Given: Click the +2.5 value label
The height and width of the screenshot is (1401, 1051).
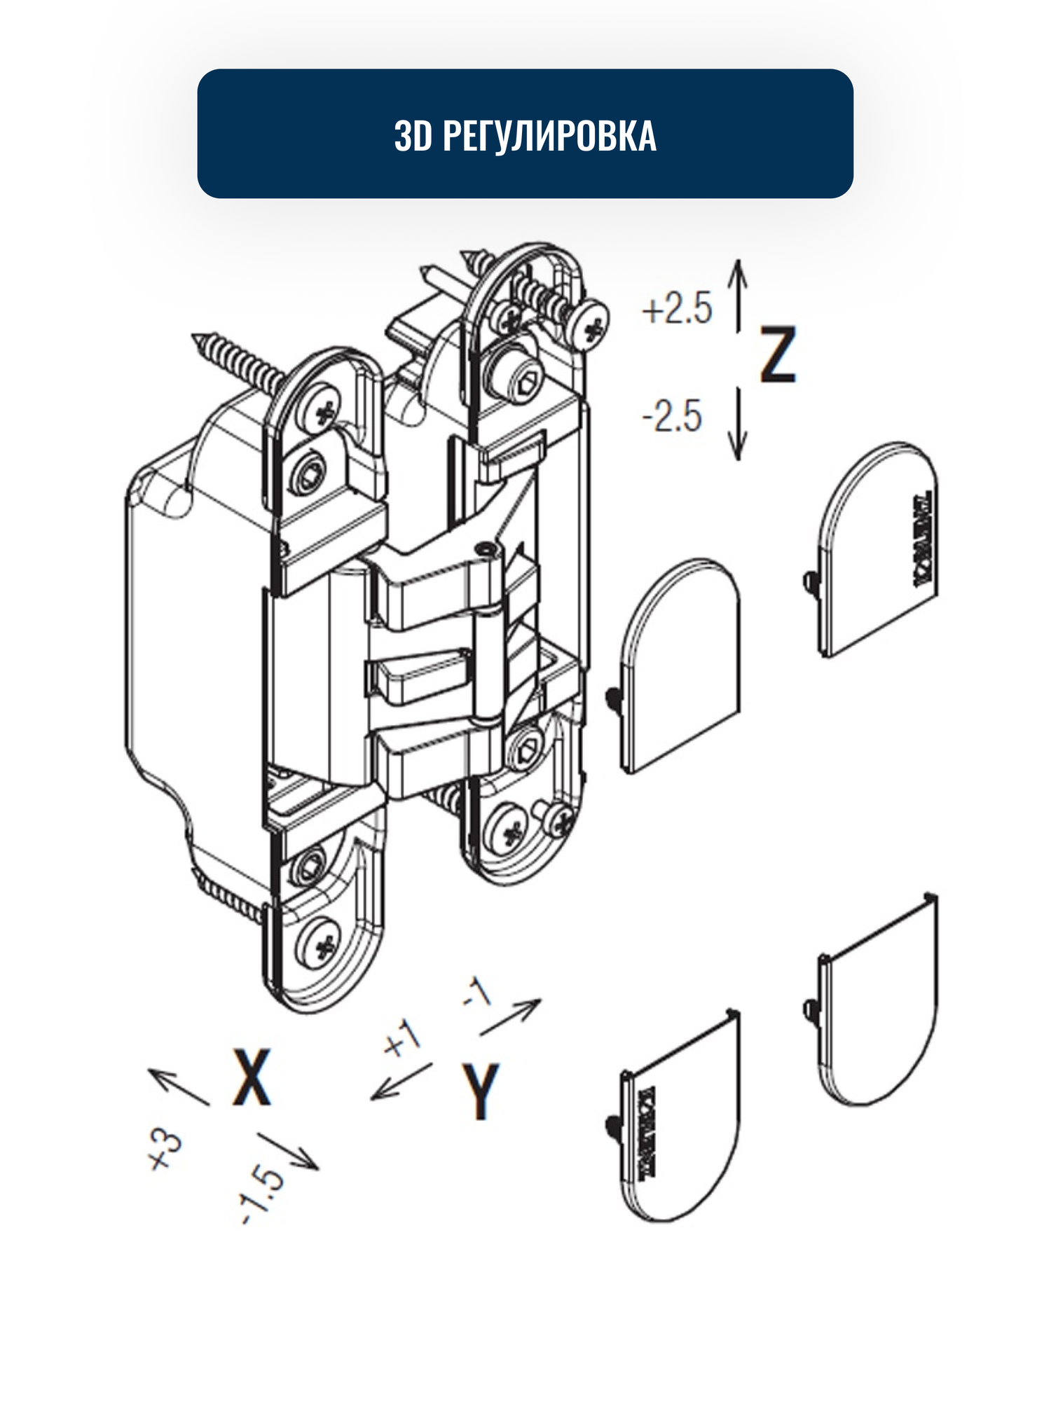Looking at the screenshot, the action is point(677,309).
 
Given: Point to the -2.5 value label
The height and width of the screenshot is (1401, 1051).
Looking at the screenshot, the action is point(672,416).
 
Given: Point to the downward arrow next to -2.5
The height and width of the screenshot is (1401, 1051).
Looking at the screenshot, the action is point(737,424).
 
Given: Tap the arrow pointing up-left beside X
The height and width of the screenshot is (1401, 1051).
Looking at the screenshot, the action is point(178,1086).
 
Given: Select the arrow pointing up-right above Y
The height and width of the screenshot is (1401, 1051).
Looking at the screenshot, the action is point(510,1016).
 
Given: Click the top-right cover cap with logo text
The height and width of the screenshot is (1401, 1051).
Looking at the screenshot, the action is point(879,546).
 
